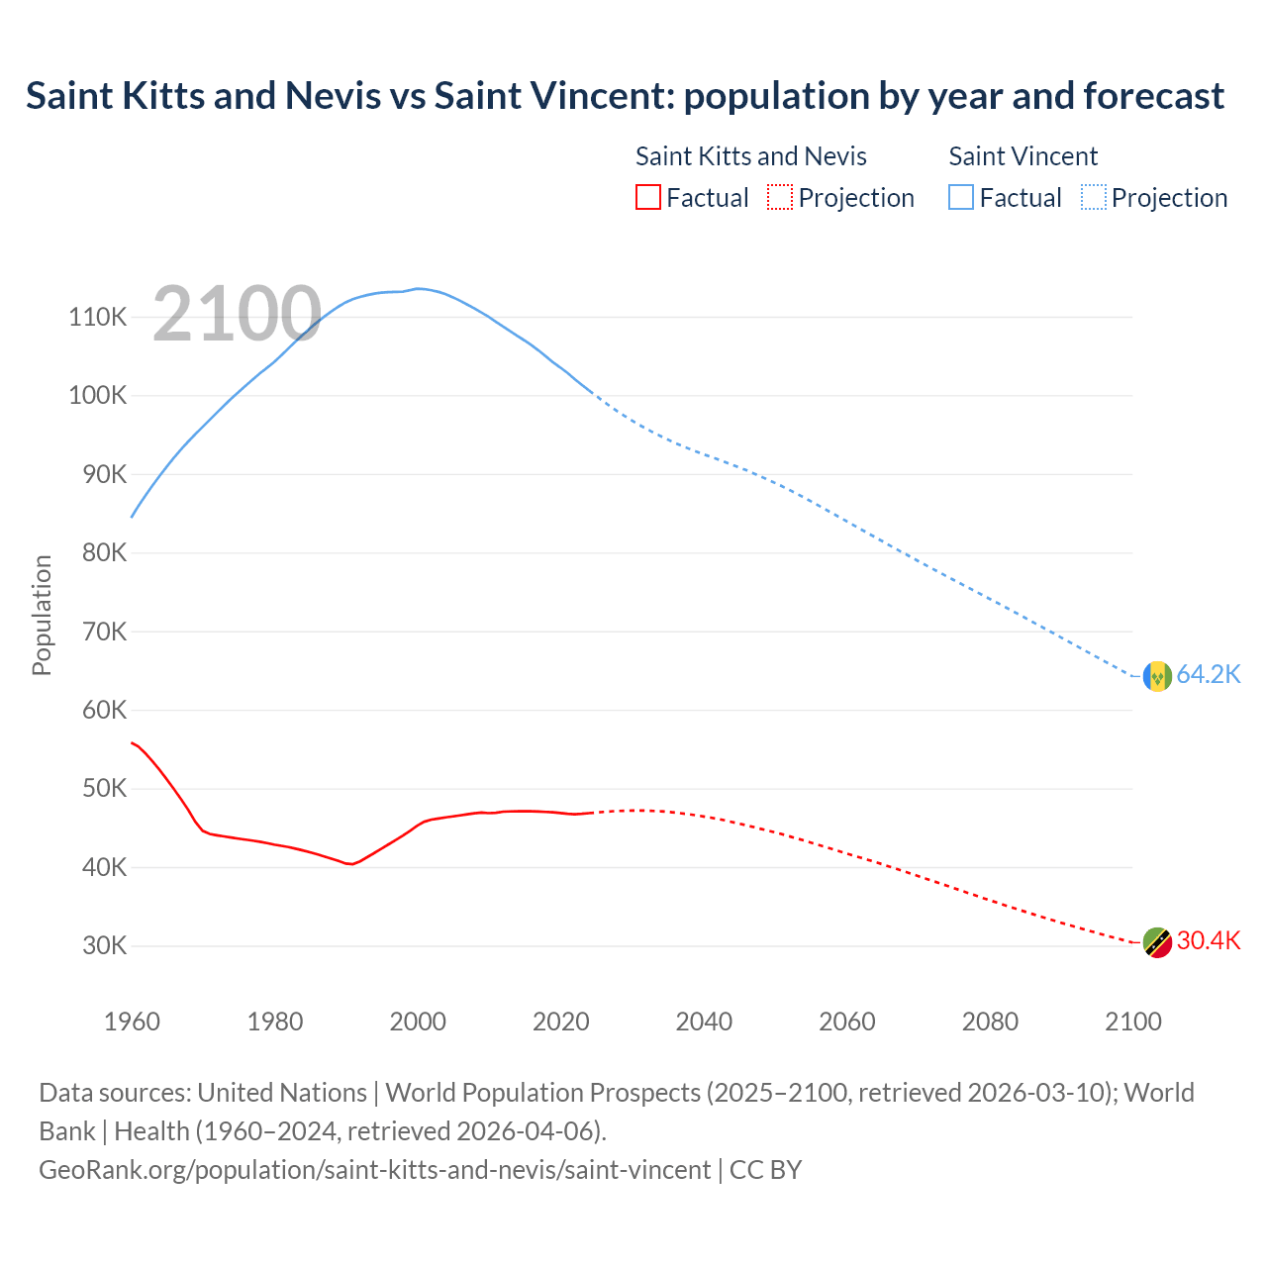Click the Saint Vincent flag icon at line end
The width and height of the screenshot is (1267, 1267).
1157,676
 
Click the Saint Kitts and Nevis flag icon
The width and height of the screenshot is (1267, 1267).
1157,942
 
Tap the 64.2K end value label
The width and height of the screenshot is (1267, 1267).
1208,674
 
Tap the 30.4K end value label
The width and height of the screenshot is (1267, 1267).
1208,940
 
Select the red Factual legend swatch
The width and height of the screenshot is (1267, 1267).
647,197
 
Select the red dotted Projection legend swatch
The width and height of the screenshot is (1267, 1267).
780,197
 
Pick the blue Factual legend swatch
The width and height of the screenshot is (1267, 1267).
961,197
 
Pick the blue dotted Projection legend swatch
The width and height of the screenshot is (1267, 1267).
1094,197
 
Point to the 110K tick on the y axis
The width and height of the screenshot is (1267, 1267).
98,317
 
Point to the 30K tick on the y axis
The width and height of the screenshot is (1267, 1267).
104,945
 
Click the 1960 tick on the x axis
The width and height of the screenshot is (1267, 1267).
132,1022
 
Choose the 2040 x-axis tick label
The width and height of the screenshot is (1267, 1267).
704,1022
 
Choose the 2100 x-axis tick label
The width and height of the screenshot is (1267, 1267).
1132,1022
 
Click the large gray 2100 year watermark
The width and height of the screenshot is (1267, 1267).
237,315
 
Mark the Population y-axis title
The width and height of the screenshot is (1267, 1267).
42,615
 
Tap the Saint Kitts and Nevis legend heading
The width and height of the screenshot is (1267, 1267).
750,156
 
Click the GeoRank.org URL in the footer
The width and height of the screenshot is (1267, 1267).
374,1169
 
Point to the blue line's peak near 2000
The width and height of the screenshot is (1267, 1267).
419,288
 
